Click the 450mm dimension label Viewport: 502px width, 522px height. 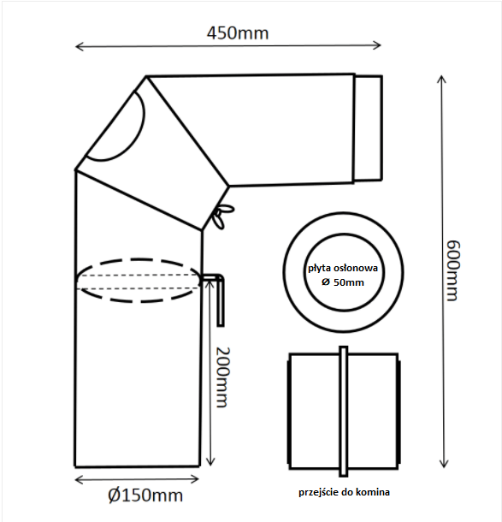pyautogui.click(x=238, y=33)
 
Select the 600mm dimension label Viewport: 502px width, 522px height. pyautogui.click(x=453, y=270)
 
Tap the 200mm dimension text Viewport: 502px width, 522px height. pyautogui.click(x=223, y=377)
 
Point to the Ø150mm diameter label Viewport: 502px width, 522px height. pyautogui.click(x=145, y=495)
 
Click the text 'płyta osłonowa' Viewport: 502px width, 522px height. pyautogui.click(x=343, y=269)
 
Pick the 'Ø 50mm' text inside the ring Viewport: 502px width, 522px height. pyautogui.click(x=343, y=282)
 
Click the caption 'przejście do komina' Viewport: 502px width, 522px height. pyautogui.click(x=344, y=492)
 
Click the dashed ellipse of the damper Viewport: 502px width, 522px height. pyautogui.click(x=139, y=259)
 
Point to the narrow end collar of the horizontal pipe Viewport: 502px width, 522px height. pyautogui.click(x=369, y=128)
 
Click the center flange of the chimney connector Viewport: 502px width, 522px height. pyautogui.click(x=344, y=411)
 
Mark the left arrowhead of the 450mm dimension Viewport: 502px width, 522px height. pyautogui.click(x=76, y=46)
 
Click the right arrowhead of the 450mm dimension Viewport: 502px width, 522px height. pyautogui.click(x=380, y=45)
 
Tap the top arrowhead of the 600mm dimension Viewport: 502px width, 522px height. pyautogui.click(x=441, y=76)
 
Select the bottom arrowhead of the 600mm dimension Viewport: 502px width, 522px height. pyautogui.click(x=444, y=466)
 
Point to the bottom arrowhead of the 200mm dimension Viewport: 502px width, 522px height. pyautogui.click(x=210, y=465)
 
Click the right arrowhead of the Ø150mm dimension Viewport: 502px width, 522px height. pyautogui.click(x=198, y=478)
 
